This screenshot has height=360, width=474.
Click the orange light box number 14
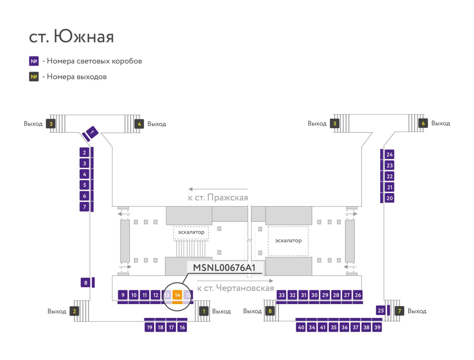[177, 295]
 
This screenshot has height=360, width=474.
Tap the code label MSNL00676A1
[224, 268]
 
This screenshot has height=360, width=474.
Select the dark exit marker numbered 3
[51, 123]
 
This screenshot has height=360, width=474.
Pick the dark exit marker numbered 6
[423, 123]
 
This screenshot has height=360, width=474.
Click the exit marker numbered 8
[270, 311]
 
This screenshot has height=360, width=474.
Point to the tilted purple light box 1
[92, 132]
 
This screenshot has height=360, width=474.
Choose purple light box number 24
[389, 155]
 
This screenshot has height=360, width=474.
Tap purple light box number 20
[389, 198]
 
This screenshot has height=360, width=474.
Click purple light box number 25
[381, 310]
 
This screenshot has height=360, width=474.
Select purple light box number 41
[323, 327]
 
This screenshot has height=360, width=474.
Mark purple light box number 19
[149, 327]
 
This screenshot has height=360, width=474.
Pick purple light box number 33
[282, 295]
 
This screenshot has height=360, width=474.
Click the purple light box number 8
[86, 282]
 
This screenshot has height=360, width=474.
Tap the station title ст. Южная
[71, 36]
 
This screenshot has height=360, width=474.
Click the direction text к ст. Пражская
[218, 197]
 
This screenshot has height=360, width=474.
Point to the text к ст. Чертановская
[236, 288]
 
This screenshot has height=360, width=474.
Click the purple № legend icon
[34, 61]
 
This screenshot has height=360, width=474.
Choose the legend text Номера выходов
[77, 77]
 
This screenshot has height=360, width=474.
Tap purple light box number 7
[84, 207]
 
